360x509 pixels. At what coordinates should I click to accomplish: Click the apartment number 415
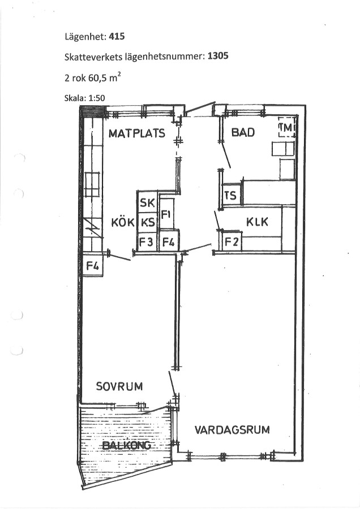117,36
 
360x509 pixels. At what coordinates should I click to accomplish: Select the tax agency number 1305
218,56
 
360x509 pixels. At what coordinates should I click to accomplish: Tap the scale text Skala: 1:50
85,98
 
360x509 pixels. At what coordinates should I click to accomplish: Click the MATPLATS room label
137,133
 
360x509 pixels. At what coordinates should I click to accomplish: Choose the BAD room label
243,132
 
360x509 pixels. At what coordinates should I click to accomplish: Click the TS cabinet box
231,195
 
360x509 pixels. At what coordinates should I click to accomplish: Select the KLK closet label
258,222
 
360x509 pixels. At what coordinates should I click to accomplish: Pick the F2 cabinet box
232,241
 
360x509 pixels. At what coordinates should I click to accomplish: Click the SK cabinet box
148,202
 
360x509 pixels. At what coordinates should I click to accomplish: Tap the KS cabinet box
148,223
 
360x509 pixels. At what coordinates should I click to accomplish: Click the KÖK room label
123,223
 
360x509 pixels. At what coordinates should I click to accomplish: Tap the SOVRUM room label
119,386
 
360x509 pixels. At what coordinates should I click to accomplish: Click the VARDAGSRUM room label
232,430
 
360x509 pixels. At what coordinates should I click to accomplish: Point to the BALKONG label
127,445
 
